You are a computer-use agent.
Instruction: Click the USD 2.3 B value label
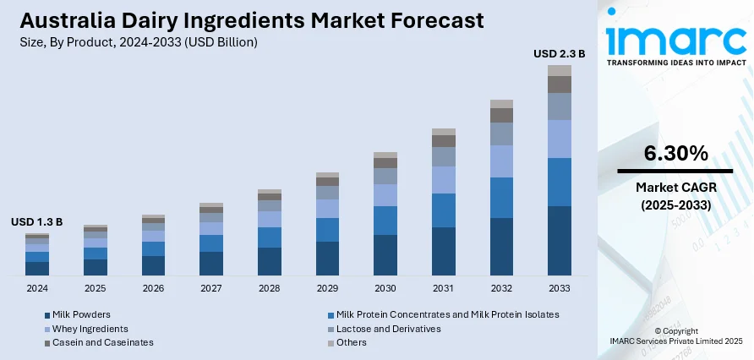click(559, 53)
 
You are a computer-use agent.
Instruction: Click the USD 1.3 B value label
click(36, 221)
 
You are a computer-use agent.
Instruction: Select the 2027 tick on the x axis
click(211, 288)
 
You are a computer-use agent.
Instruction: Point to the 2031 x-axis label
click(443, 288)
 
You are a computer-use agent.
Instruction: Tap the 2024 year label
click(36, 288)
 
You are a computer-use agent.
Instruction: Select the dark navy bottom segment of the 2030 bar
click(385, 255)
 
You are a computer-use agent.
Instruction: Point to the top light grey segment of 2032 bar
click(501, 104)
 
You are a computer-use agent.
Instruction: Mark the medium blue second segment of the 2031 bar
click(443, 210)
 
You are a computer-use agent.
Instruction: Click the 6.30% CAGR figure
click(675, 153)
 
